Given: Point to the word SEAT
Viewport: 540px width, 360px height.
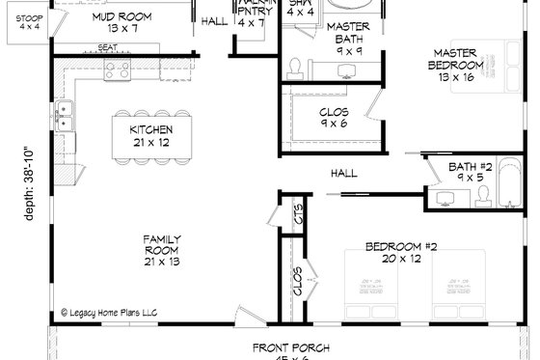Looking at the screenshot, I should pos(108,47).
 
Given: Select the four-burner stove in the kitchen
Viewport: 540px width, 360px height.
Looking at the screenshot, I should pos(118,69).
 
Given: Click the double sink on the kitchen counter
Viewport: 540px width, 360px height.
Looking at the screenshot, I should pos(64,115).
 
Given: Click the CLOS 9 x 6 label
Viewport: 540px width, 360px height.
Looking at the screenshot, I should pos(333,119).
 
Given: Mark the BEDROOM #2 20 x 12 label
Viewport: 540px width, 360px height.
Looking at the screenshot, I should pos(401,253).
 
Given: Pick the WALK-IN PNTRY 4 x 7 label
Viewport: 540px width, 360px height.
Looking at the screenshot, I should pos(249,14).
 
